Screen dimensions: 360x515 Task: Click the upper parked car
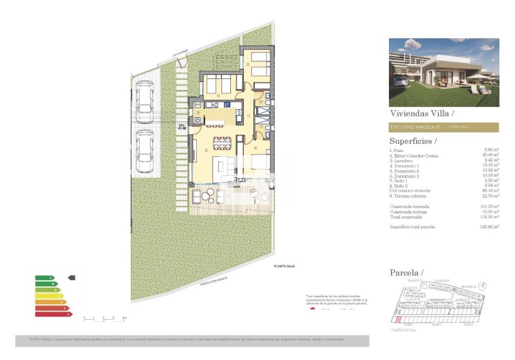[144, 102]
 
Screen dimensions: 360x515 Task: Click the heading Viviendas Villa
[420, 113]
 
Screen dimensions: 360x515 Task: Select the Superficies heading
[413, 140]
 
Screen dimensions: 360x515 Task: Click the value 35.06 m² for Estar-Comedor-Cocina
[490, 155]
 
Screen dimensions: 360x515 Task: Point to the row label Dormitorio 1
[405, 164]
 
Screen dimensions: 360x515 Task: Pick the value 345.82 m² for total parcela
[489, 226]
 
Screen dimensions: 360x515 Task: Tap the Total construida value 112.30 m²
[489, 216]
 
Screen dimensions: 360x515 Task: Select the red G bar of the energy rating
[52, 314]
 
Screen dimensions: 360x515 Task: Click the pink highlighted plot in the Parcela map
[397, 318]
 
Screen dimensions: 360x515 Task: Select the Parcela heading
[406, 273]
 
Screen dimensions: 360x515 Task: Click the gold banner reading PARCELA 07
[443, 127]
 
